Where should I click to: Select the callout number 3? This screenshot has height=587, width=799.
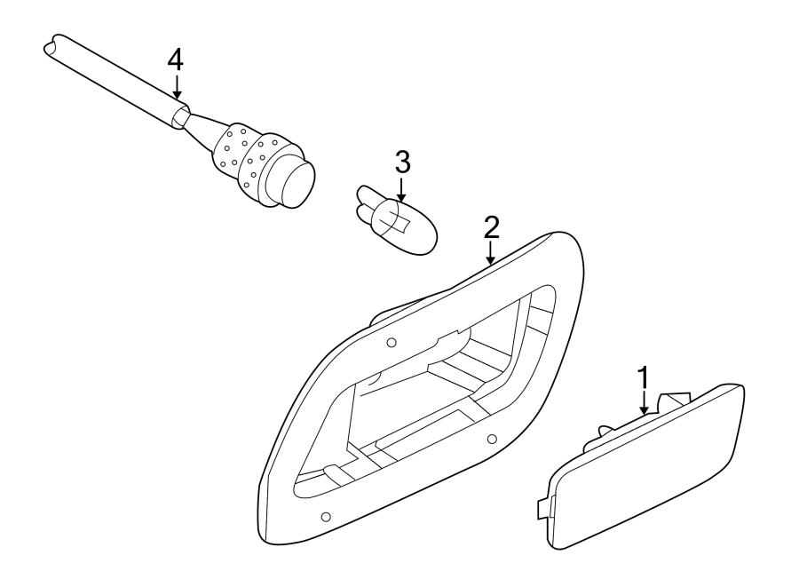[x=401, y=163]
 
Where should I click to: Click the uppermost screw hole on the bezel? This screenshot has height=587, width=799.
[x=392, y=343]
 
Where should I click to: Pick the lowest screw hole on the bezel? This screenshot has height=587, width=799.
[x=325, y=517]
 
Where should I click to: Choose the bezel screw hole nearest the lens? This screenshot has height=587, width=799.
[x=491, y=438]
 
